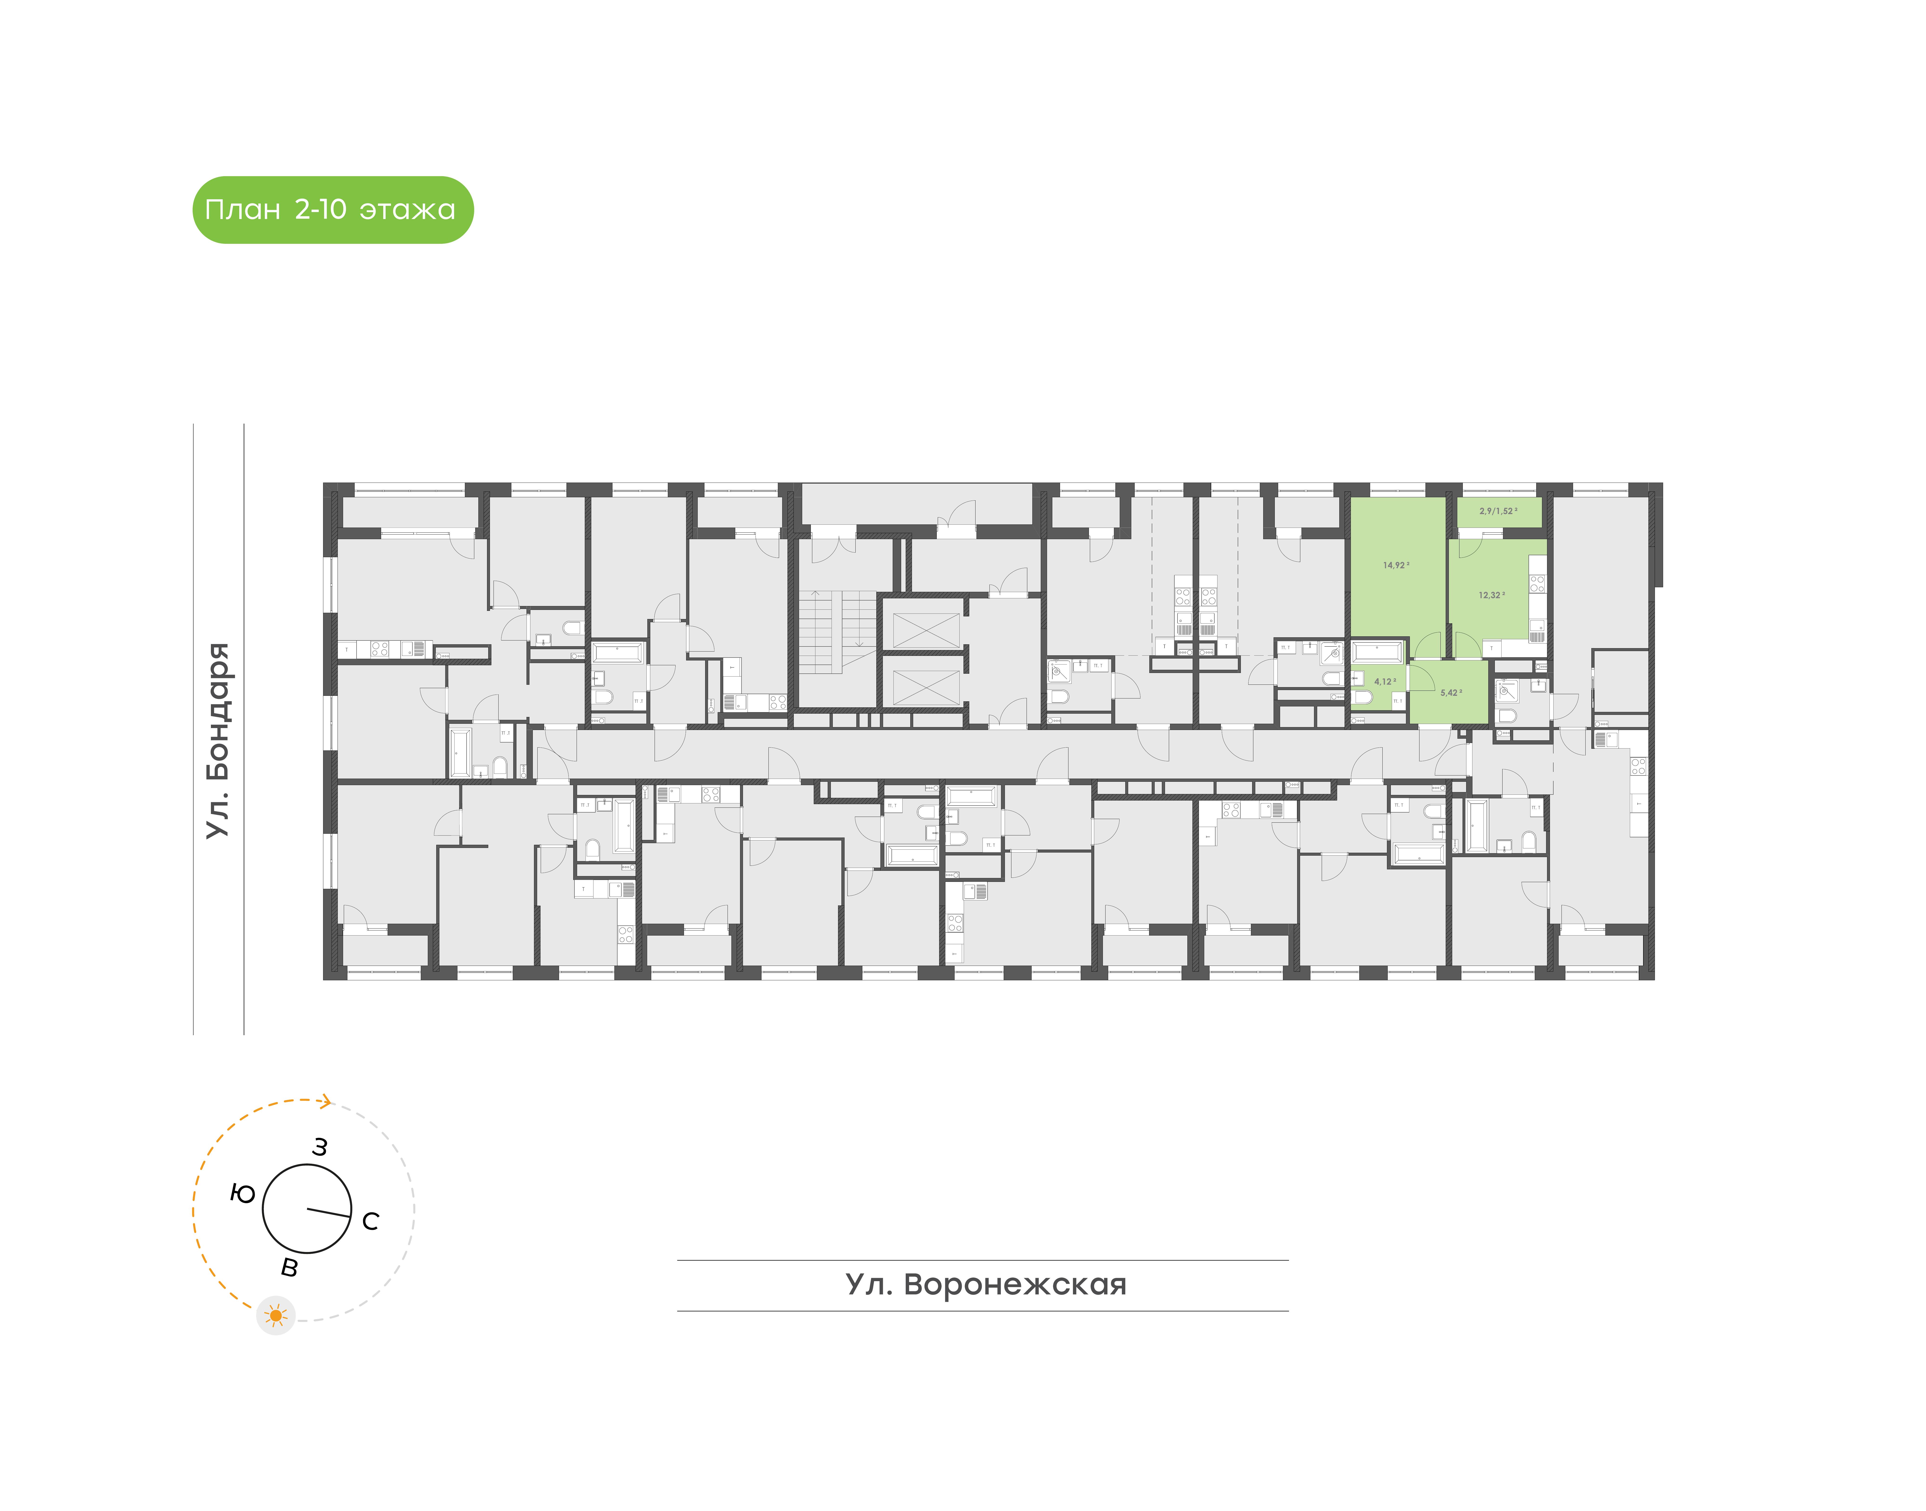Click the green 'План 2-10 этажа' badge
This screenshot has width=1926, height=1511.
point(333,210)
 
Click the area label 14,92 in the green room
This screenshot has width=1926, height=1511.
point(1395,564)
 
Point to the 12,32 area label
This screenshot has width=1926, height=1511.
point(1491,595)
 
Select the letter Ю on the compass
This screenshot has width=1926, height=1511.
point(242,1194)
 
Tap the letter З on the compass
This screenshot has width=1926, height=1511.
point(320,1147)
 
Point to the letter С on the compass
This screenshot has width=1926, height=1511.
point(371,1222)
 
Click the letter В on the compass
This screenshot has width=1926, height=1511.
point(289,1269)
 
